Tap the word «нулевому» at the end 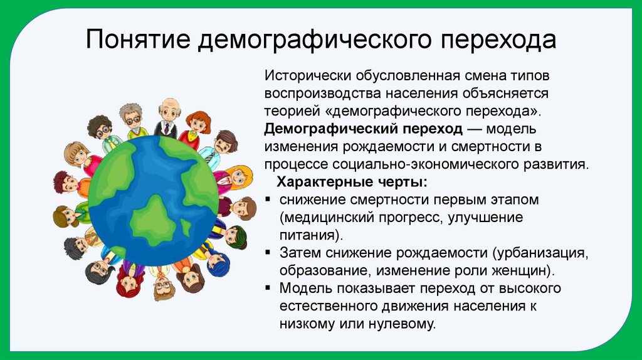coord(404,324)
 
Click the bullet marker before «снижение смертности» coord(268,200)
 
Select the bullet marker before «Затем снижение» coord(268,253)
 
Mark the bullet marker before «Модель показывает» coord(268,289)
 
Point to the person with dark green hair coord(236,235)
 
